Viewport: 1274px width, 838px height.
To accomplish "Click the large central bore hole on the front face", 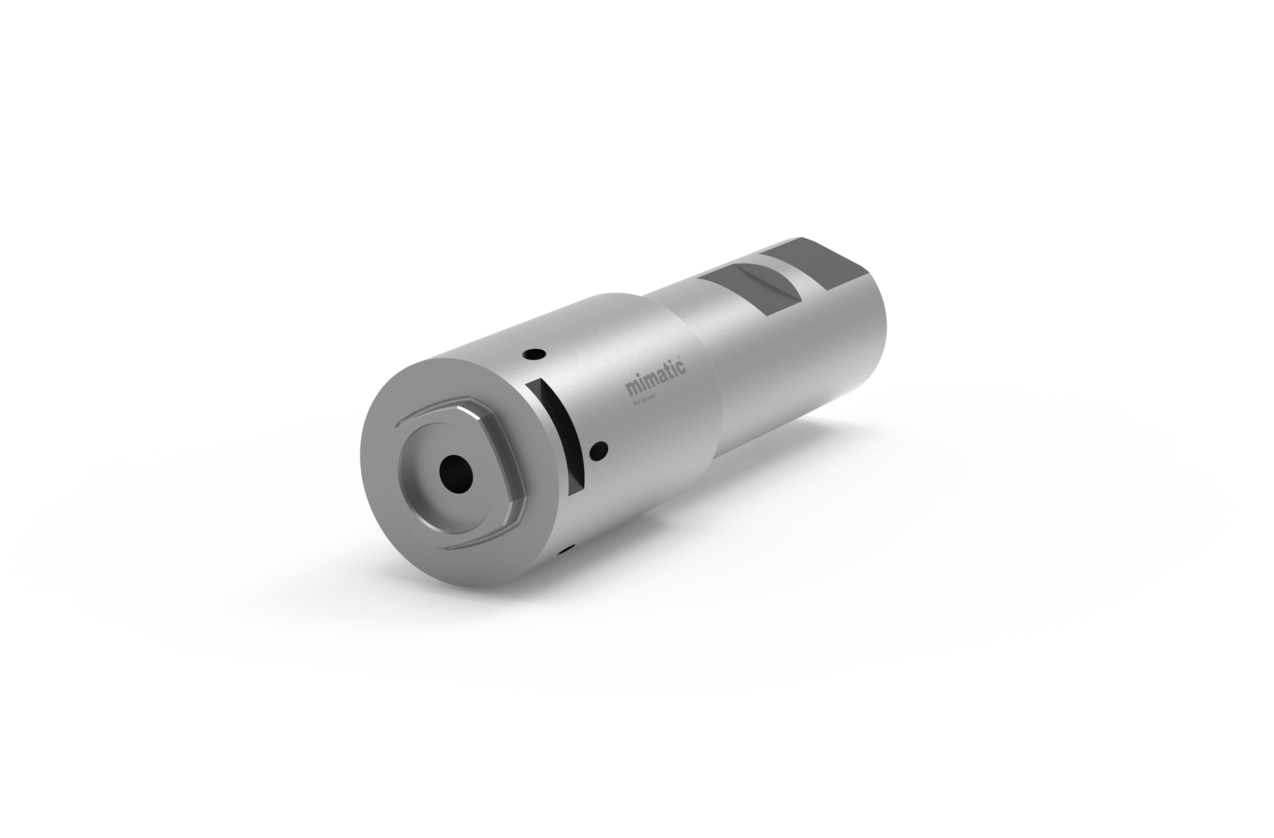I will click(457, 473).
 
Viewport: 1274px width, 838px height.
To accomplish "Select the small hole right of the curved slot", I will click(598, 452).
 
